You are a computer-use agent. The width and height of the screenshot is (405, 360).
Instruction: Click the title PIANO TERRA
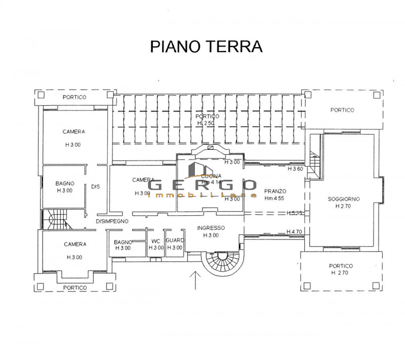point(207,46)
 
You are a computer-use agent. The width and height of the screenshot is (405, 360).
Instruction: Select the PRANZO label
point(275,191)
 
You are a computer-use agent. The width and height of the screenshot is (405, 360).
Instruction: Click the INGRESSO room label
point(211,228)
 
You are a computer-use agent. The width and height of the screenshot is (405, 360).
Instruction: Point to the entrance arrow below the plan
point(195,281)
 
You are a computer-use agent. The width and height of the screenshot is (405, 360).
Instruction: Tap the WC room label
point(155,241)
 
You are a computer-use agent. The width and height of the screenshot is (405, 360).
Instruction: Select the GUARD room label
point(174,241)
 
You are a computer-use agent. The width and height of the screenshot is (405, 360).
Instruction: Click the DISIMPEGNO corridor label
point(112,221)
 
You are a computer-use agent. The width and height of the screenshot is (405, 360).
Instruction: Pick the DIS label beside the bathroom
point(95,186)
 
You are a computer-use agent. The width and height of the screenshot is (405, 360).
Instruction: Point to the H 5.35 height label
point(294,213)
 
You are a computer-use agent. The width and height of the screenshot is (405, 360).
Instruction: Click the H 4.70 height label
point(294,232)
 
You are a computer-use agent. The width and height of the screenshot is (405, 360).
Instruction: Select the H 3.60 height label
point(295,169)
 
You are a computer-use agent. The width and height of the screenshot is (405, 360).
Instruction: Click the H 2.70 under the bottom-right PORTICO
point(341,273)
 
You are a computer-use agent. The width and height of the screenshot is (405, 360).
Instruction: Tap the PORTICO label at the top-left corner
point(74,97)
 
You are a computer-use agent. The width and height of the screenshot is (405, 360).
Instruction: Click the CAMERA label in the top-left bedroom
point(74,132)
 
